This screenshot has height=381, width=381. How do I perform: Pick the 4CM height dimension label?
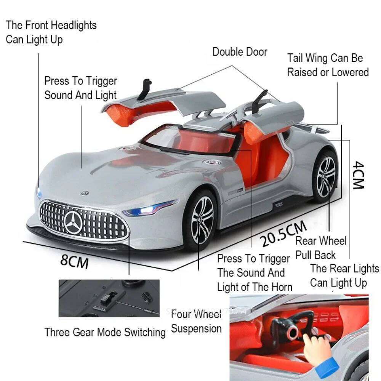[x=358, y=175]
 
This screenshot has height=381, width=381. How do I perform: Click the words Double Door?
[x=240, y=52]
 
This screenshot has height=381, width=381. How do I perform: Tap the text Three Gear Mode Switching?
[x=105, y=332]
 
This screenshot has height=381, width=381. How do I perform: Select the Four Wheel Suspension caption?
[x=196, y=322]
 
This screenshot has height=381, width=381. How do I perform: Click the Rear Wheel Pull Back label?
[x=321, y=248]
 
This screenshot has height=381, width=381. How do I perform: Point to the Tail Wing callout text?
[x=328, y=65]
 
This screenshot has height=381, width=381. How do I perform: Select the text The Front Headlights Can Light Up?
[x=51, y=32]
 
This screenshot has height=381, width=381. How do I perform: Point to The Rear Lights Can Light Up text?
[x=344, y=275]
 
